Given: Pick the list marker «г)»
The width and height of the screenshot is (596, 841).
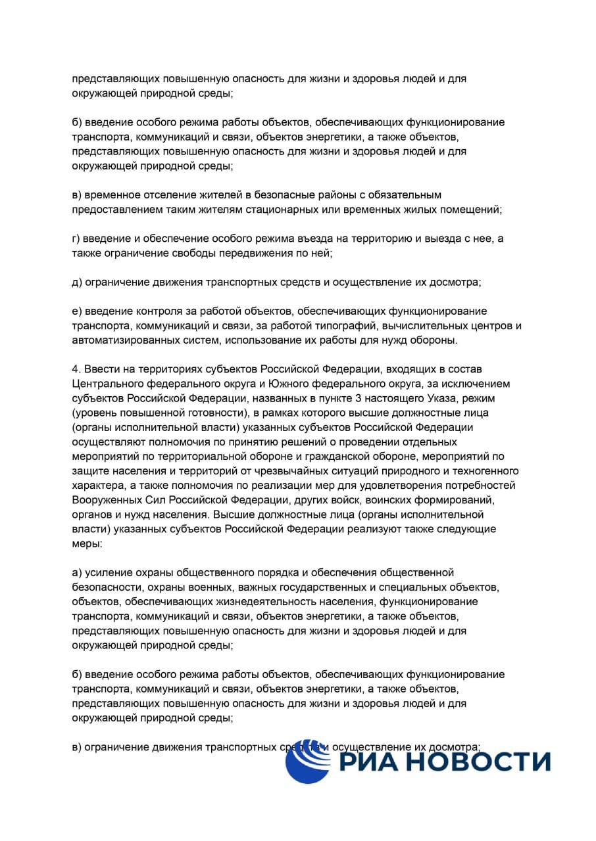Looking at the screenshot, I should (77, 239).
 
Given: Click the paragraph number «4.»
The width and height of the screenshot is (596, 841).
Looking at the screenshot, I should (76, 369).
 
